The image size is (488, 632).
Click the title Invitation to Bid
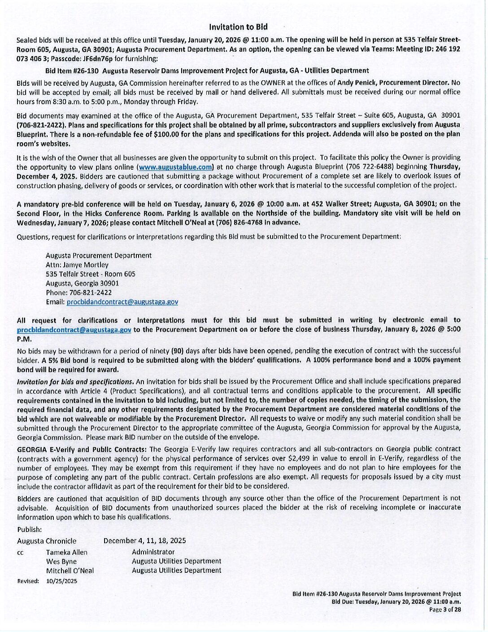[238, 27]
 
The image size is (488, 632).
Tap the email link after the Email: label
[122, 302]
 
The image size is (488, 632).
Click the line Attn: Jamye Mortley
[77, 265]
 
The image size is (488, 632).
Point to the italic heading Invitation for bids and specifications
[75, 382]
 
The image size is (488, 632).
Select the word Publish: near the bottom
[30, 530]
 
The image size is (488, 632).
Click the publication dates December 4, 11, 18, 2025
[144, 541]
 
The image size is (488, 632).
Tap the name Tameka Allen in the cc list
[67, 553]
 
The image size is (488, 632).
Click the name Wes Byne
[61, 562]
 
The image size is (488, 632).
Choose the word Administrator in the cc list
[153, 552]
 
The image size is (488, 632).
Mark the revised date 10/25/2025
[62, 581]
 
